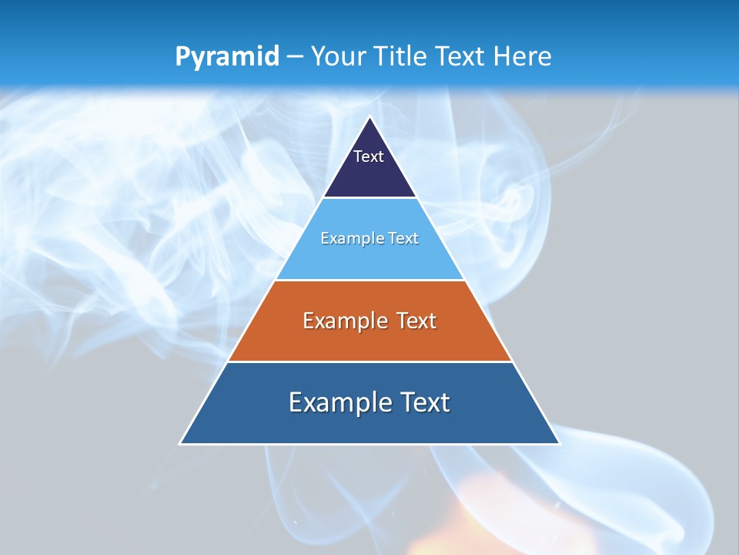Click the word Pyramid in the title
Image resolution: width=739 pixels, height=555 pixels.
click(x=226, y=57)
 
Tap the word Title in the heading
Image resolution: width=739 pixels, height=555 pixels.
click(x=401, y=56)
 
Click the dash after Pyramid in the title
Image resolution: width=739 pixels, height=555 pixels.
click(x=294, y=57)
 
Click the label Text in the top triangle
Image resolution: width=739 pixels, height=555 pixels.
click(x=369, y=156)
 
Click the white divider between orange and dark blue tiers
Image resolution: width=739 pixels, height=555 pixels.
click(x=369, y=362)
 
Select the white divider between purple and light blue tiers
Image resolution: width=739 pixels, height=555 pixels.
click(x=369, y=198)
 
